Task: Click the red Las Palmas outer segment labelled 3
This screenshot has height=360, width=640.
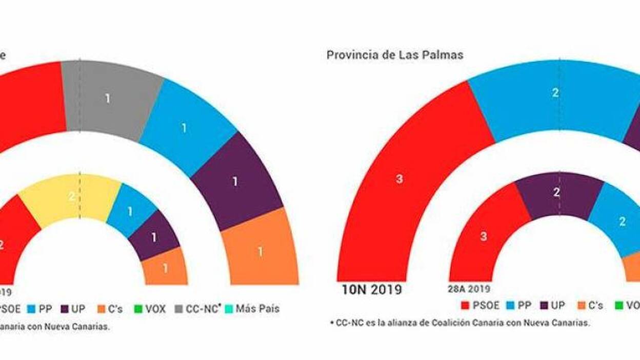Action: [x=400, y=179]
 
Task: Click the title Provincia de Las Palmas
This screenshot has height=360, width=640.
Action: [x=394, y=55]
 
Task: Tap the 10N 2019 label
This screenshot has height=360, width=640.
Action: [x=372, y=290]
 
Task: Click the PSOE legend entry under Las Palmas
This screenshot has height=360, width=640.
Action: [x=481, y=306]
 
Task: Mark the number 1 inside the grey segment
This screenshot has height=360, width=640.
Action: [x=108, y=98]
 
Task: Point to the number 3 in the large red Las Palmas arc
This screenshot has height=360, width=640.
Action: [x=399, y=179]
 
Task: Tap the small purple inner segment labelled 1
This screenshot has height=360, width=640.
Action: [x=154, y=236]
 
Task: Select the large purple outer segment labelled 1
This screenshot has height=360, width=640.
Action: [x=235, y=182]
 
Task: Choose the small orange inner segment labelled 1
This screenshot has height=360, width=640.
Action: [x=165, y=268]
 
